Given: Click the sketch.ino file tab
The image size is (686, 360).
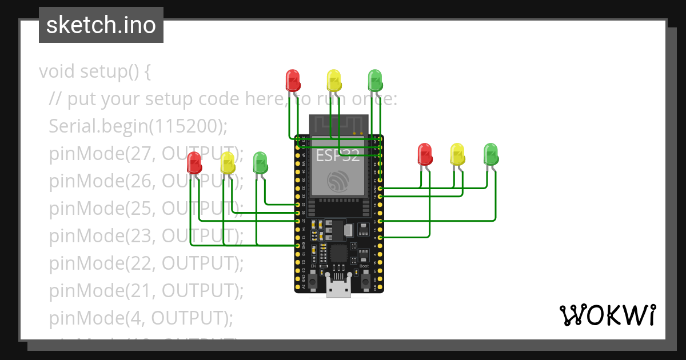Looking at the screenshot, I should point(101,25).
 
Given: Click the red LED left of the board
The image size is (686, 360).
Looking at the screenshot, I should point(194,162).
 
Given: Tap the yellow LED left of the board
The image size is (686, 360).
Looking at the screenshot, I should point(228,162).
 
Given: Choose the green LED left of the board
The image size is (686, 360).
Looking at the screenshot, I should point(260,162).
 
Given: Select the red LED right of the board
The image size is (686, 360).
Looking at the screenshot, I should point(425,154).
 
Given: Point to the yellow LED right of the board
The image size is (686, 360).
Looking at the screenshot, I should point(457,154).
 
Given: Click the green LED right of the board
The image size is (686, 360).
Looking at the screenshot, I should point(491,154).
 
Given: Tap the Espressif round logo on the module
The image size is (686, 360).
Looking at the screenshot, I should point(338,182).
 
